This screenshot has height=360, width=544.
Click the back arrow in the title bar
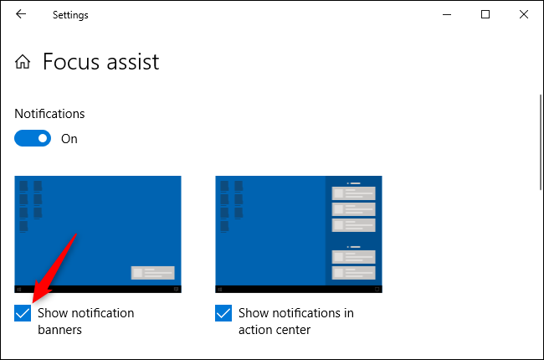point(21,14)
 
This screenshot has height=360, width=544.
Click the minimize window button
point(447,14)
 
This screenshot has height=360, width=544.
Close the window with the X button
point(523,14)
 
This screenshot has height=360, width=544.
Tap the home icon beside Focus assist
point(23,62)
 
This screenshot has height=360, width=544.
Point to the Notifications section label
point(50,113)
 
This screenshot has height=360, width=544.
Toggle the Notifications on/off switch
point(33,138)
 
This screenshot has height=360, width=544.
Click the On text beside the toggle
point(69,139)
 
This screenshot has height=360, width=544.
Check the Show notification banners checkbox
point(23,313)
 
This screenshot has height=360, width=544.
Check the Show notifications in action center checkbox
point(223,313)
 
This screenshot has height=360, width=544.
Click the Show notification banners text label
point(85,321)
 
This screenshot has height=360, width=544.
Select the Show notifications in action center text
point(295,321)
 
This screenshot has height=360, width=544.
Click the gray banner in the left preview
point(152,272)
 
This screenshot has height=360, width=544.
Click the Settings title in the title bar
point(70,14)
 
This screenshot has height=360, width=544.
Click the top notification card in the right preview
point(353,193)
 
